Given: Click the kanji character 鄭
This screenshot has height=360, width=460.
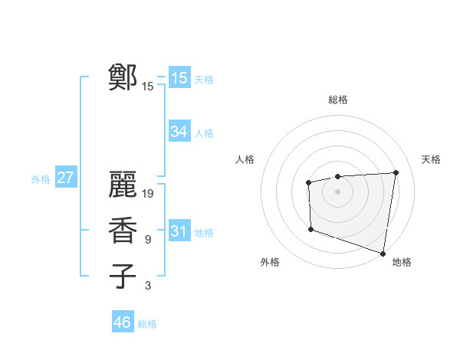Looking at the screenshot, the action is click(123, 77).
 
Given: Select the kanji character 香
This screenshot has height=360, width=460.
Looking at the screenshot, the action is click(123, 231).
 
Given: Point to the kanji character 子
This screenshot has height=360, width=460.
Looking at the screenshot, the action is click(123, 276).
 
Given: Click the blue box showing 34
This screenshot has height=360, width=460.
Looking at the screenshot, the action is click(179, 132).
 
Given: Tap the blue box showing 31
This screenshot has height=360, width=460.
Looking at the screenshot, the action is click(179, 231).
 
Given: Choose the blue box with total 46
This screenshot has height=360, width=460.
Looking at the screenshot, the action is click(123, 322).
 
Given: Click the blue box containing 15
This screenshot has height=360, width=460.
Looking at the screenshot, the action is click(179, 78).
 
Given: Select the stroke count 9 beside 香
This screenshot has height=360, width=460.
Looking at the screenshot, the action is click(148, 240).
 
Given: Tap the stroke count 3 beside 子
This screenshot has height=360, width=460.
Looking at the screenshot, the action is click(148, 286).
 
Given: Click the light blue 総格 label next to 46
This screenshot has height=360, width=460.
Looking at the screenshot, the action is click(147, 323).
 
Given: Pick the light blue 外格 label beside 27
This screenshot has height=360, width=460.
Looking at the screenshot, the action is click(41, 179).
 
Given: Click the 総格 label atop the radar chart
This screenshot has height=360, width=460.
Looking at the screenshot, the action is click(338, 100).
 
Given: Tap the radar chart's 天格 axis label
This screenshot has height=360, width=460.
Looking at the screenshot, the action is click(431, 159).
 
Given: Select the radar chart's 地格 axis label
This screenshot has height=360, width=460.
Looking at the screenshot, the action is click(402, 262).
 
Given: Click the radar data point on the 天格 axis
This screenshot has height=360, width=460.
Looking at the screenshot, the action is click(396, 172).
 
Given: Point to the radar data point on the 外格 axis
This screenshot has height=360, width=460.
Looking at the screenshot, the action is click(310, 229).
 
